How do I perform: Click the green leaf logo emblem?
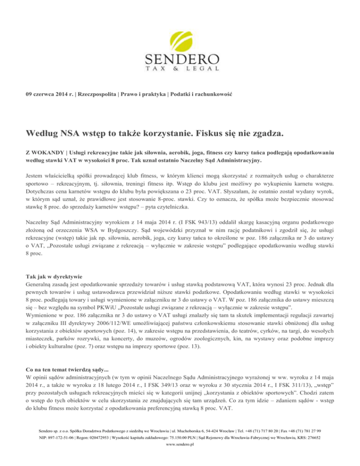pyautogui.click(x=180, y=33)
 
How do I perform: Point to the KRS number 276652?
pyautogui.click(x=312, y=448)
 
